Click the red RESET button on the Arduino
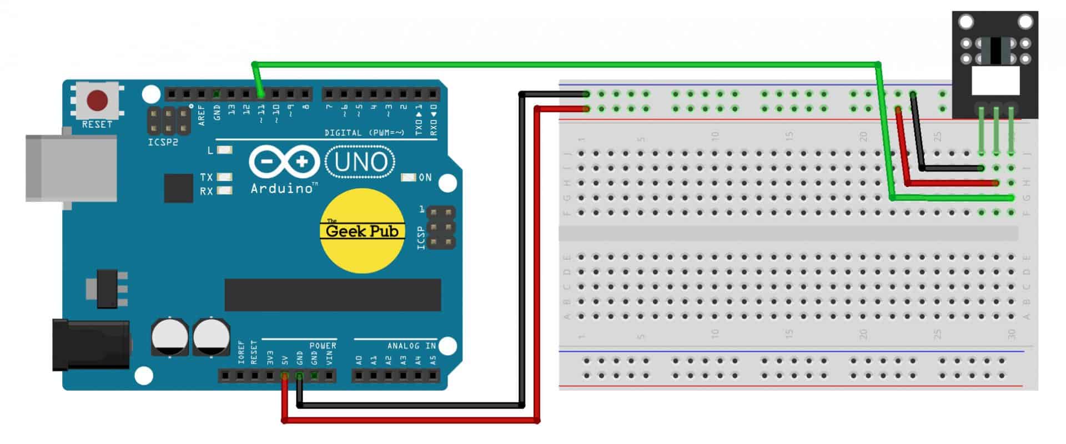[97, 101]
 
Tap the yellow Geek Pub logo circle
[362, 231]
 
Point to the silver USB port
[71, 168]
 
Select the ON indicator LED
[409, 178]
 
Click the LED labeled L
[224, 150]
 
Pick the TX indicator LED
[224, 177]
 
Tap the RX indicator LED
[224, 190]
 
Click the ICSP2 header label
[163, 143]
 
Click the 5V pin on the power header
[285, 376]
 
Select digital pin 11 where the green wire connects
[260, 94]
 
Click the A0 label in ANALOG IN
[359, 360]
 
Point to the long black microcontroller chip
[332, 295]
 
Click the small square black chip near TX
[178, 188]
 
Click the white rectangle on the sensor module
[996, 80]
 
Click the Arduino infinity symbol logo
[284, 162]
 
